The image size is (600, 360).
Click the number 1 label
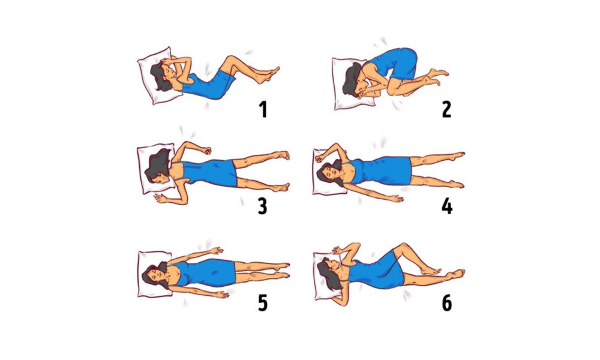click(x=263, y=109)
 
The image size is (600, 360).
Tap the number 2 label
click(x=446, y=109)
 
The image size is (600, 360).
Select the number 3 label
click(x=263, y=206)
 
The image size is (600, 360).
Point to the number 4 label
click(x=447, y=206)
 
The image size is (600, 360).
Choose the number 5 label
click(x=263, y=303)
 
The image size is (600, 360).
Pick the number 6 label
click(x=447, y=303)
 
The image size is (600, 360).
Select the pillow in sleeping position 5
click(x=155, y=274)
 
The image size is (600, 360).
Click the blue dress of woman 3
click(x=209, y=173)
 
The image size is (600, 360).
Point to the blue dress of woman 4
click(x=383, y=170)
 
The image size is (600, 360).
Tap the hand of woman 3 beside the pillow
click(x=160, y=197)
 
